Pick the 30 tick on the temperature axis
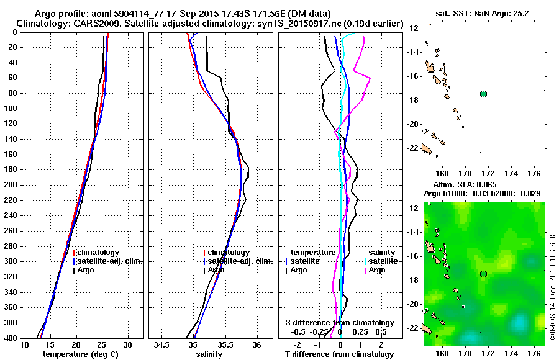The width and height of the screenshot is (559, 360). pos(128,344)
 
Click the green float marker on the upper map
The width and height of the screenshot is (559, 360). pos(483,94)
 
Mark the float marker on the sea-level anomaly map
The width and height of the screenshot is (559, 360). pos(483,274)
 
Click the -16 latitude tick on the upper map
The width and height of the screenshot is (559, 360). pos(414,76)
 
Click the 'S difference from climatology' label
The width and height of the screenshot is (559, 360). pos(340,323)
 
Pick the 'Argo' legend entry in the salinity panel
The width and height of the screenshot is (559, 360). pos(216,270)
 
